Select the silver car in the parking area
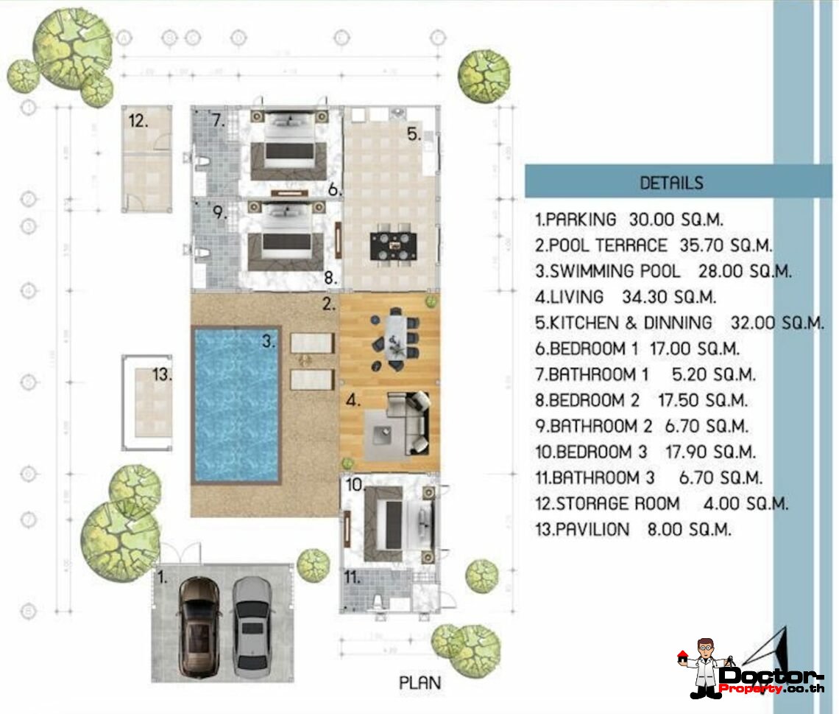point(252,627)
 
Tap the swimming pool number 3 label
point(269,341)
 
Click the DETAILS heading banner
point(670,182)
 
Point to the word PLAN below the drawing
point(420,682)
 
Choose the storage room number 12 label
point(138,120)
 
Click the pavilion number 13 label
point(162,374)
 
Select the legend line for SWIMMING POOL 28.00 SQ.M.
point(662,271)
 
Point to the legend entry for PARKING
point(629,220)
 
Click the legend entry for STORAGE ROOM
point(661,504)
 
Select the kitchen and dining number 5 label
point(414,134)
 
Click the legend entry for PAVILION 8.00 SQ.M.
point(633,529)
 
